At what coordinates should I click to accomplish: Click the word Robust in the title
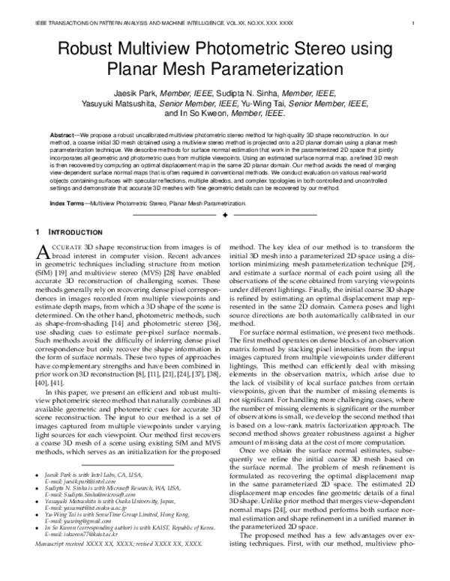click(86, 52)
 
